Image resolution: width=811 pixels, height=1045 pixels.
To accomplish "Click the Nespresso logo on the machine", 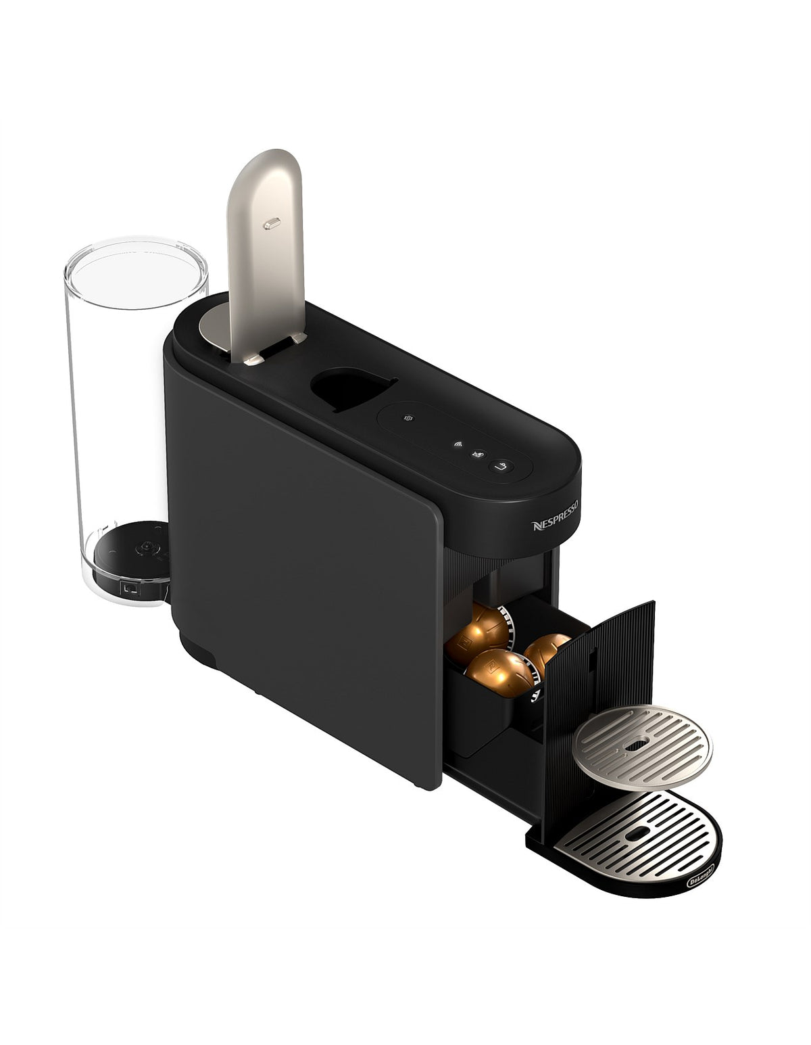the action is point(554,515).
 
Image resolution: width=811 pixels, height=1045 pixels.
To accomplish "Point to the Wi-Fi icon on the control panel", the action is point(458,444).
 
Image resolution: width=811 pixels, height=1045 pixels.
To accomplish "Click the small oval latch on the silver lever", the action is point(272,223).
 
